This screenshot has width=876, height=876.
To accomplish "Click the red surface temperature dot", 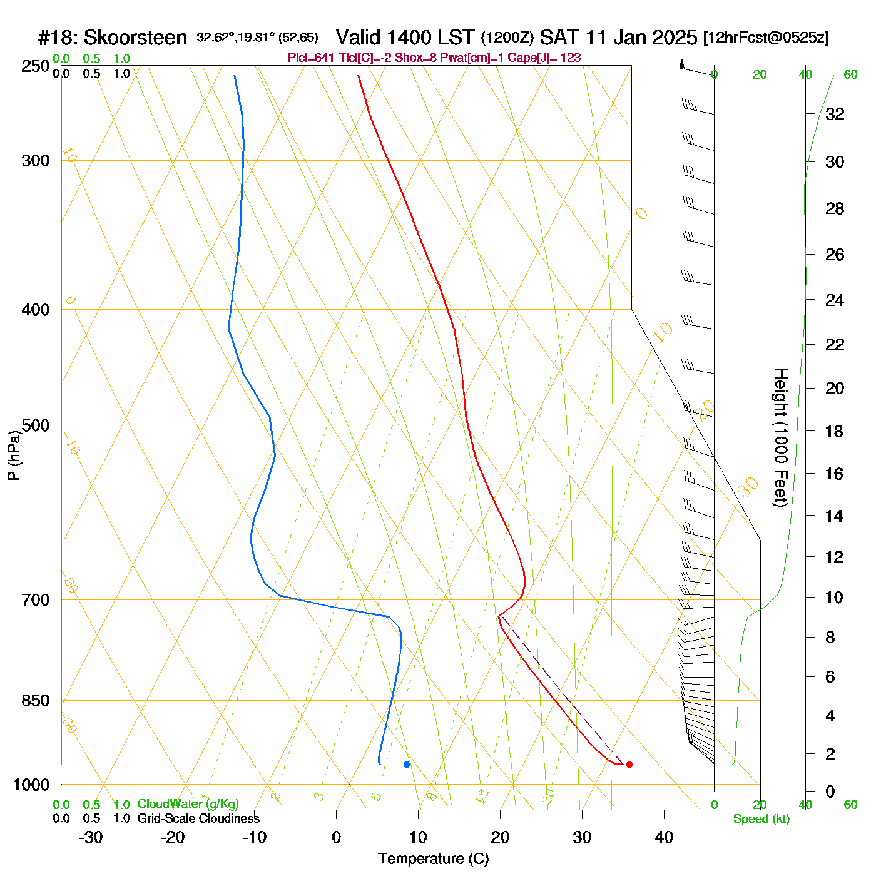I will (x=629, y=765).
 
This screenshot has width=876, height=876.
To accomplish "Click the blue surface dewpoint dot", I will (x=407, y=765).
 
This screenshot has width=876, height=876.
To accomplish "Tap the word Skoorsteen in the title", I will (x=135, y=38).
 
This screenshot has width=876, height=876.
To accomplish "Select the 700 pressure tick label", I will (x=36, y=600).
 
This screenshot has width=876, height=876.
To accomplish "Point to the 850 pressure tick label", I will (x=36, y=701).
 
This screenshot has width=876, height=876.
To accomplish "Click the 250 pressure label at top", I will (x=36, y=66).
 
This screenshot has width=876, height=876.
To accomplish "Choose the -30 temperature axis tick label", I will (x=91, y=837).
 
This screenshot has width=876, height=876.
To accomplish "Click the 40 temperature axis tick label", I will (x=664, y=837).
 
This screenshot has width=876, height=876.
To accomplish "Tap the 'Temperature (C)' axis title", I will (x=433, y=859).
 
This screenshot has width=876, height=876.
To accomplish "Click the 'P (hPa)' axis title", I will (x=14, y=456).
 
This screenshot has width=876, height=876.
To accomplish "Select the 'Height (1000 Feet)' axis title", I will (x=780, y=437).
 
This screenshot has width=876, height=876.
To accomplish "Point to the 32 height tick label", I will (x=835, y=115).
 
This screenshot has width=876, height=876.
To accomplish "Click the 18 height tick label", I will (x=835, y=432).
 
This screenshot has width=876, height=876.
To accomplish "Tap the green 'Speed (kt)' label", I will (x=761, y=819).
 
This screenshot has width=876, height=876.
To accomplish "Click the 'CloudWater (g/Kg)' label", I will (x=188, y=804).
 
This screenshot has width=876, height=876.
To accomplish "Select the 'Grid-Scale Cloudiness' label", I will (x=198, y=818).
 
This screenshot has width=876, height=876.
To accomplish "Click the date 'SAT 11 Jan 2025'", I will (x=618, y=38).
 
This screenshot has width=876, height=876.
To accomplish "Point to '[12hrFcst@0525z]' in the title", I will (x=766, y=38).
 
